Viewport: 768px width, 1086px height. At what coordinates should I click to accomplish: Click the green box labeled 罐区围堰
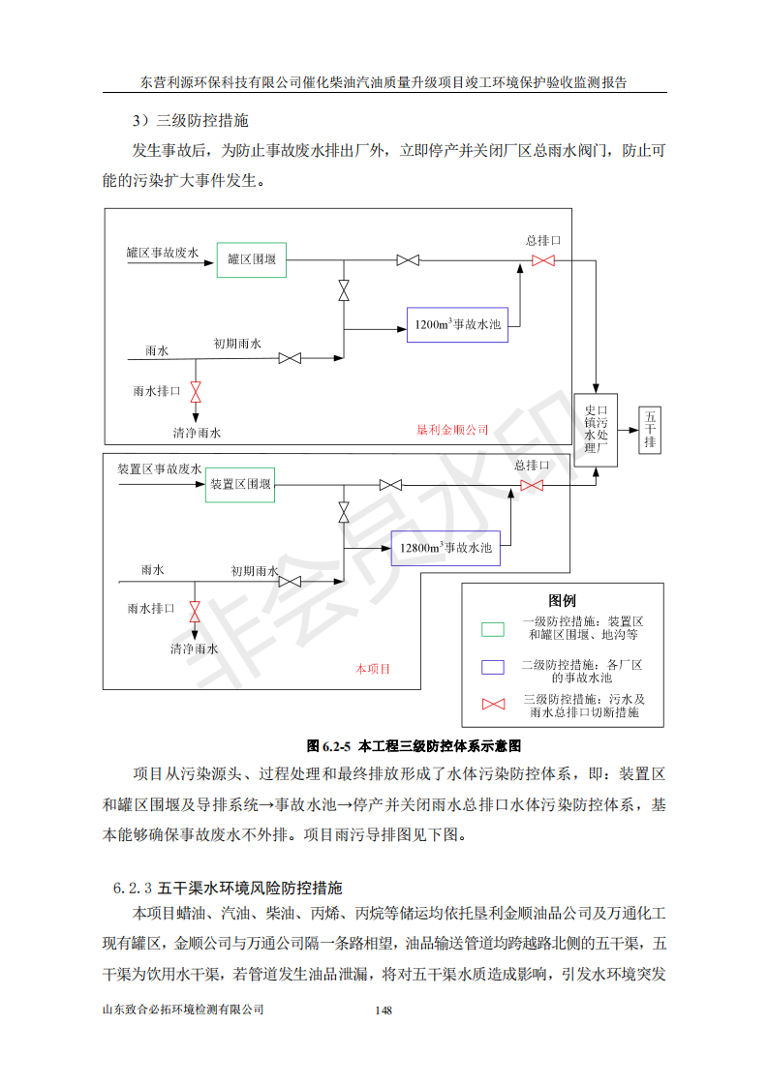tap(252, 259)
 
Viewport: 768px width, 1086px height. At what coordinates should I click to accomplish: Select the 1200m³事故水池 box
tap(457, 325)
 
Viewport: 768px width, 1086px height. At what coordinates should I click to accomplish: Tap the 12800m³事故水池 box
tap(445, 548)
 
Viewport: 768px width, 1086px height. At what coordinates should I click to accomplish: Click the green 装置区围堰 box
tap(240, 485)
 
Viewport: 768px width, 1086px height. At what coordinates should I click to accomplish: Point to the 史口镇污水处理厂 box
tap(597, 430)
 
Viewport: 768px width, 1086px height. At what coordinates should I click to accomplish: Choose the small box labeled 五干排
tap(650, 430)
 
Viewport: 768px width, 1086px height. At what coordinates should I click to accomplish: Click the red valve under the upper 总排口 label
tap(543, 260)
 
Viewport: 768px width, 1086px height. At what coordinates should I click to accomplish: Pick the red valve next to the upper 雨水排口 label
tap(196, 392)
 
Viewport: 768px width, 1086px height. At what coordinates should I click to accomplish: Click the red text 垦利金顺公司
tap(452, 430)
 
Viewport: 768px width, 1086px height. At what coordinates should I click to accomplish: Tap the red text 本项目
tap(373, 669)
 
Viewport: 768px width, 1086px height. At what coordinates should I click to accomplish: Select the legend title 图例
tap(562, 600)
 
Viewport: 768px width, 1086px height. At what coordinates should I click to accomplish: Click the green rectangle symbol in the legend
tap(493, 629)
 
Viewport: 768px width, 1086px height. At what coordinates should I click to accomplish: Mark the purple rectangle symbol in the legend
tap(493, 667)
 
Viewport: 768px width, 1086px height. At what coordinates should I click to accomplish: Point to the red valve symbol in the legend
tap(494, 705)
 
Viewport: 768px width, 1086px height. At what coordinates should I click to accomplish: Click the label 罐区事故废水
tap(162, 253)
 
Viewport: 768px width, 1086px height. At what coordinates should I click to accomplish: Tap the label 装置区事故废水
tap(160, 468)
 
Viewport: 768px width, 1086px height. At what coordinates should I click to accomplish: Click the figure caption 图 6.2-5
tap(328, 746)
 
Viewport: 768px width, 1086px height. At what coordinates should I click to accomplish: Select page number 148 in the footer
tap(384, 1011)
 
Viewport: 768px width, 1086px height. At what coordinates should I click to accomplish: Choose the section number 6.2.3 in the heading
tap(133, 889)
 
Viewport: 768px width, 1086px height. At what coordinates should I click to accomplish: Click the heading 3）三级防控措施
tap(191, 121)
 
